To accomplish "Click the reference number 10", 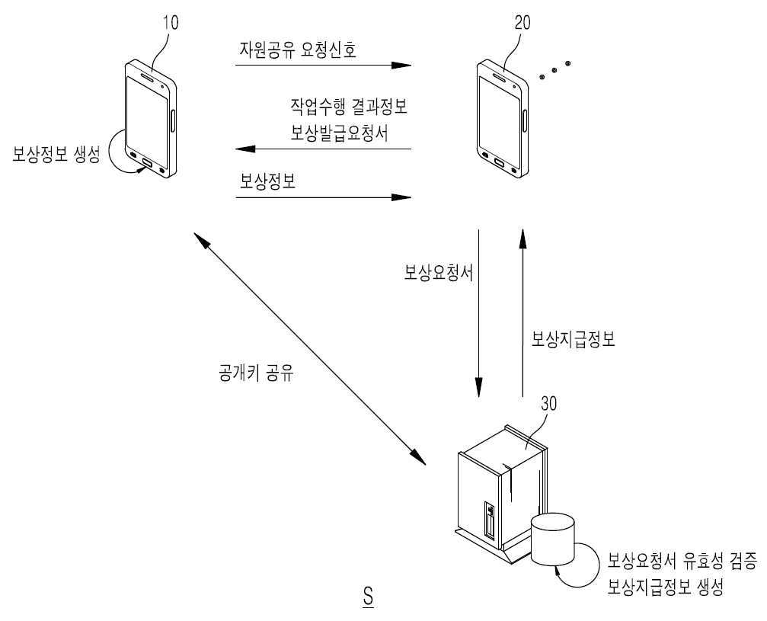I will coord(171,22).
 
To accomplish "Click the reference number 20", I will coord(523,22).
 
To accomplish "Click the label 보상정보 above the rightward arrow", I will coord(267,182).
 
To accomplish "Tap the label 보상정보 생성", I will coord(56,155).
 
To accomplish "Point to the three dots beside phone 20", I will coord(554,70).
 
